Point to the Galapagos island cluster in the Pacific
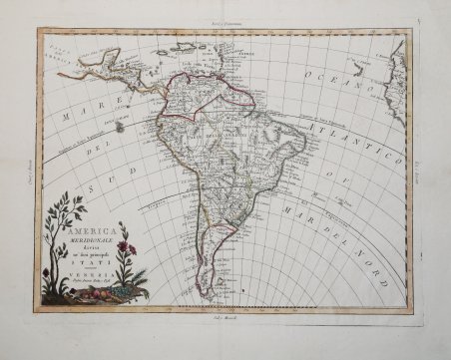[x=120, y=127]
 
